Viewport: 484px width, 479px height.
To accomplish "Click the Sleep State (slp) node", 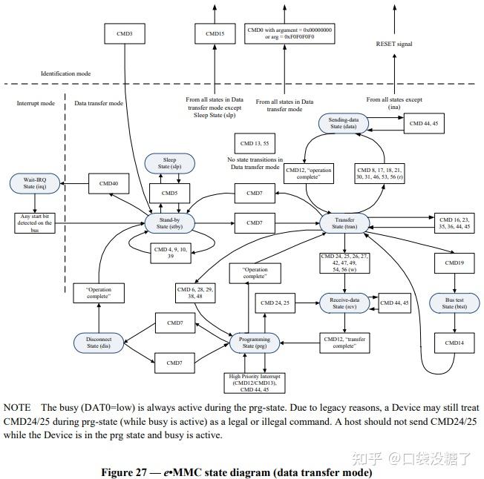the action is click(x=169, y=163).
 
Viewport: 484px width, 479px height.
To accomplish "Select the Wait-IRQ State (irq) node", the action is click(x=35, y=183).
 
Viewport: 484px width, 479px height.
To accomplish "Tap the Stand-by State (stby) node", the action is click(x=169, y=223).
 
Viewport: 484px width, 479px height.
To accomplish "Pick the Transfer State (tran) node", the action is click(x=344, y=223).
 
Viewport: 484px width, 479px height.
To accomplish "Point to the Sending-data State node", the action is click(x=343, y=123).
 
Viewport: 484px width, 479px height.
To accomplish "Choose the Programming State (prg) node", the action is click(x=255, y=343).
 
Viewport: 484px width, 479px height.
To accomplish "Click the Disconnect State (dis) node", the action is click(x=99, y=343).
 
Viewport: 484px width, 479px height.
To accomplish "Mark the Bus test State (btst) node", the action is click(x=454, y=303).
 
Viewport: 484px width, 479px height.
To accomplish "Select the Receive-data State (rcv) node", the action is click(x=344, y=303).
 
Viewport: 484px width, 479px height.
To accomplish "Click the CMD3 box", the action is click(x=125, y=33).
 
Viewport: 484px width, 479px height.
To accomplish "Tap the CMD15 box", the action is click(x=215, y=33).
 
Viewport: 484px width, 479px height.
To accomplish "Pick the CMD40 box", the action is click(x=108, y=183).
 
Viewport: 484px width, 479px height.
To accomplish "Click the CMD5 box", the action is click(x=169, y=194).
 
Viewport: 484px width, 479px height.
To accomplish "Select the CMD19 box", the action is click(x=454, y=263).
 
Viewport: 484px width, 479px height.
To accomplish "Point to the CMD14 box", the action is click(x=454, y=343).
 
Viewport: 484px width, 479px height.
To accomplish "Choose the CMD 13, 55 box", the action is click(x=255, y=143).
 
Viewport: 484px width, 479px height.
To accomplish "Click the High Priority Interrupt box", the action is click(x=255, y=383).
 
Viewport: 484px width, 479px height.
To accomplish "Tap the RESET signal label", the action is click(x=394, y=44).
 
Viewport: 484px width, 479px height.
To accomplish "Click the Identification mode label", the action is click(x=66, y=73).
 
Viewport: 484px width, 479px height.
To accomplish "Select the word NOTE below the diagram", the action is click(x=17, y=408).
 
